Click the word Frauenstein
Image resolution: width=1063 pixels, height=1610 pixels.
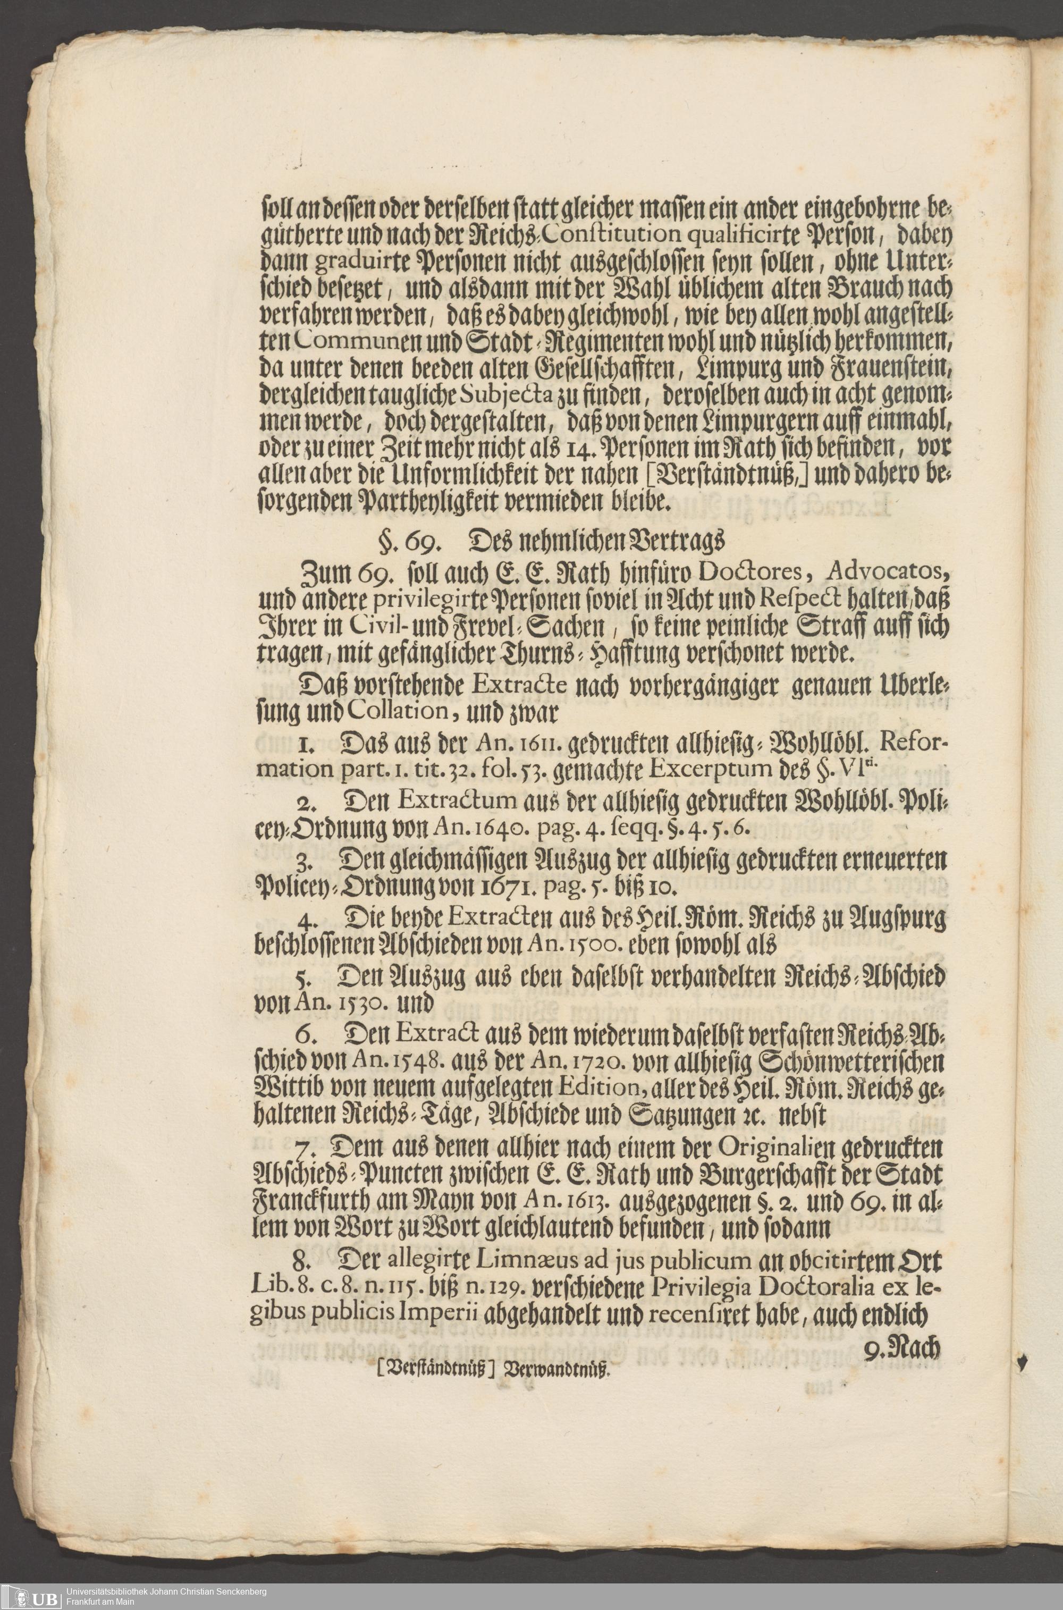889,371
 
